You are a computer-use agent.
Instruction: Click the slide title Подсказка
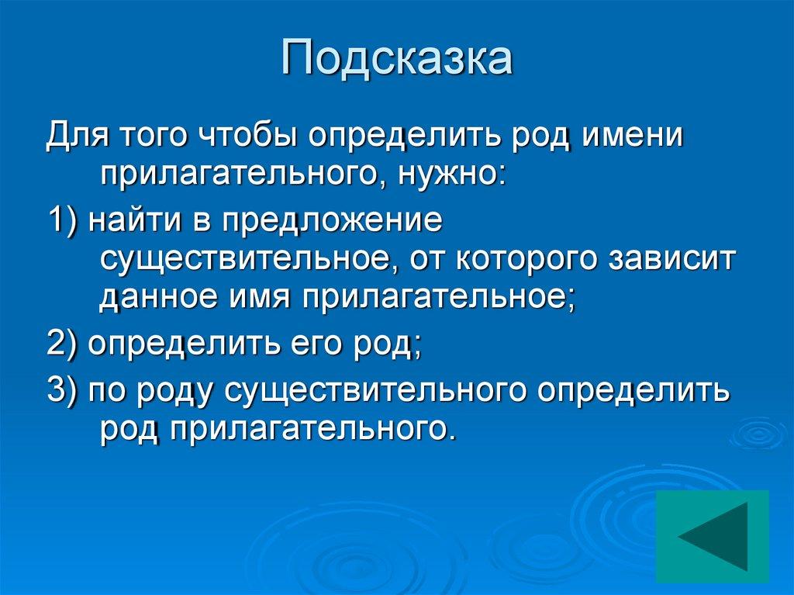[397, 60]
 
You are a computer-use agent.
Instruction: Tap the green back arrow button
[712, 536]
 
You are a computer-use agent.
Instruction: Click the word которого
[530, 259]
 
